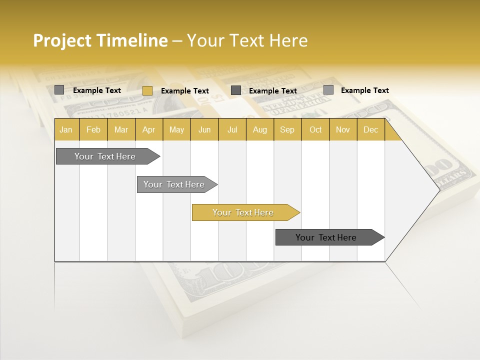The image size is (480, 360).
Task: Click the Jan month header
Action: pos(66,130)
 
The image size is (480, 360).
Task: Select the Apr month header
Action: pos(149,130)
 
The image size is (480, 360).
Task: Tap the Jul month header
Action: pos(232,130)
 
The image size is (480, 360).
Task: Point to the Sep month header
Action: pos(287,130)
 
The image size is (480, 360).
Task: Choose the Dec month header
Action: pos(370,130)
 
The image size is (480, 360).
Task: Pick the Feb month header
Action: pos(93,130)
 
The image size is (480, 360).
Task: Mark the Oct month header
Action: pos(315,130)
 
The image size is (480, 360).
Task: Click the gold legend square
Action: pos(147,90)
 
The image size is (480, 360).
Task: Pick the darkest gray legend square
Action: pos(236,90)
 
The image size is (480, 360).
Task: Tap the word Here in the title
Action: pos(288,40)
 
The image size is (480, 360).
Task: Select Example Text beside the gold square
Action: pos(185,91)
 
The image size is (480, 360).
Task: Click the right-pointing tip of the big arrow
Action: pos(438,190)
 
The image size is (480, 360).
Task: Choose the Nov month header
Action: pos(343,130)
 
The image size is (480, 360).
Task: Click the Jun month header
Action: pos(204,130)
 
